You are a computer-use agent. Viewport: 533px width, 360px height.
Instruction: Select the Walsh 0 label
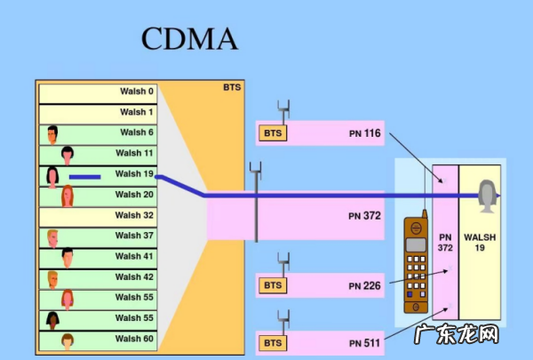[136, 92]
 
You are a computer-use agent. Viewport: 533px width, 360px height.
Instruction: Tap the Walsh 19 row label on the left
[134, 174]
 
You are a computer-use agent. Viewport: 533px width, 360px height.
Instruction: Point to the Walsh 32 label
[134, 215]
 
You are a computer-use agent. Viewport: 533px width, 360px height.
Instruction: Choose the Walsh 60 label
[134, 339]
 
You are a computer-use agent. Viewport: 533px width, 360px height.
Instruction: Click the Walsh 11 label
[134, 153]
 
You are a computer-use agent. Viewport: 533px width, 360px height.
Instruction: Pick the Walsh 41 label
[134, 256]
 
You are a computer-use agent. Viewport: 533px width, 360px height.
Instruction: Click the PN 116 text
[364, 133]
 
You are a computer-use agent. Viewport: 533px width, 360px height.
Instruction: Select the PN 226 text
[364, 285]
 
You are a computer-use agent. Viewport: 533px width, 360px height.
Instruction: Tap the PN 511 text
[364, 341]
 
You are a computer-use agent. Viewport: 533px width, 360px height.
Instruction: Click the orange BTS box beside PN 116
[272, 133]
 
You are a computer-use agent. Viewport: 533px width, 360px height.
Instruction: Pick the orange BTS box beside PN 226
[272, 285]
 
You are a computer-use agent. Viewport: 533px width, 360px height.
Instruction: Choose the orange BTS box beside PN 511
[272, 341]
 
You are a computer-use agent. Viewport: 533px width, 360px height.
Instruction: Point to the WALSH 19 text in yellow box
[480, 243]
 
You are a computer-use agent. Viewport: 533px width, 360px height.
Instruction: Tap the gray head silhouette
[486, 195]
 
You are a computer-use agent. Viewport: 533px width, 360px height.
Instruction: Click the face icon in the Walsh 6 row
[53, 134]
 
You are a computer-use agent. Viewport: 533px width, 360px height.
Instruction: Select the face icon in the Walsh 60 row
[67, 340]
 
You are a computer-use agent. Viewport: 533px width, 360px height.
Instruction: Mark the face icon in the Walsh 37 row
[53, 236]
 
